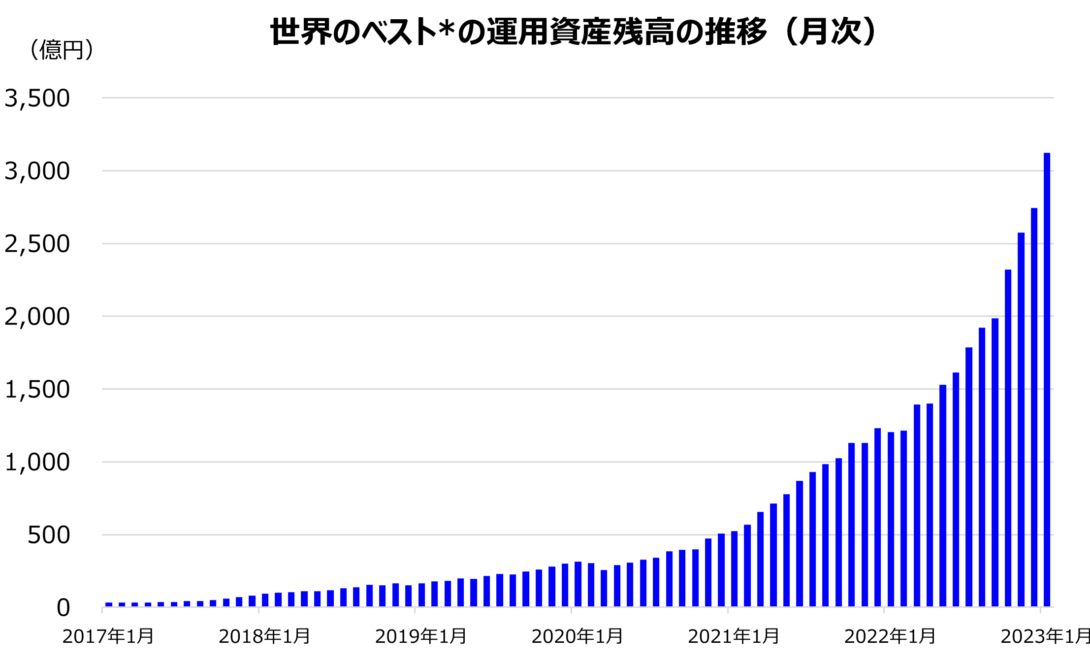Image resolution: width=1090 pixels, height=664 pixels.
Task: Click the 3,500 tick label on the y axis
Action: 37,99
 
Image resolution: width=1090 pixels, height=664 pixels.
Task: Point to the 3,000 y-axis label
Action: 37,171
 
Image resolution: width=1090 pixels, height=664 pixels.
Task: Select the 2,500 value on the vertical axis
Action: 37,244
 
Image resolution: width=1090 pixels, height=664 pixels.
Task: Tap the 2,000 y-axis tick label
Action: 37,317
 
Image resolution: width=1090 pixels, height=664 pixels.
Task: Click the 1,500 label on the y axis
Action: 37,390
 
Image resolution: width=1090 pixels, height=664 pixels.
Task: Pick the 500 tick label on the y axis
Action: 48,535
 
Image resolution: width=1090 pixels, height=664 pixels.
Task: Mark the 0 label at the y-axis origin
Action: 63,608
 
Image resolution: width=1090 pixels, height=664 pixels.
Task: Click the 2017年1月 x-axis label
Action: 108,636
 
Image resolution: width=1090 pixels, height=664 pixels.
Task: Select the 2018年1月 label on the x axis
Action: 264,636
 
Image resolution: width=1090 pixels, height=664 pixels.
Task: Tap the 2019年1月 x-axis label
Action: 421,636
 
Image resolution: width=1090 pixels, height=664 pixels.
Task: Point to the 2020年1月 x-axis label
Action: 577,636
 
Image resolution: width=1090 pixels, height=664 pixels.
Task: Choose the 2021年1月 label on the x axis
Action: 734,636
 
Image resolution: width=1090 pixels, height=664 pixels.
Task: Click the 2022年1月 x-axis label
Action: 890,636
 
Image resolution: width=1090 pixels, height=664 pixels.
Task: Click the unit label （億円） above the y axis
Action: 62,50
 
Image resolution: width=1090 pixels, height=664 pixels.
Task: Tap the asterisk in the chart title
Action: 447,30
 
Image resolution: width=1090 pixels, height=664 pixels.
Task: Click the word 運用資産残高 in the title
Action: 580,32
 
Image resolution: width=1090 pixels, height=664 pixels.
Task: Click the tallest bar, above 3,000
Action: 1047,379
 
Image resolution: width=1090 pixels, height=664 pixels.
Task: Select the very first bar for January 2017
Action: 109,604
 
